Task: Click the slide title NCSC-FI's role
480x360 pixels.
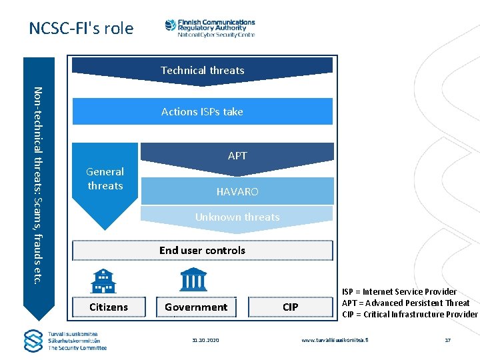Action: [81, 29]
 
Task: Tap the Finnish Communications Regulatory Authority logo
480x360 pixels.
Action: [209, 28]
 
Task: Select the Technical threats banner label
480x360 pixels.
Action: [202, 70]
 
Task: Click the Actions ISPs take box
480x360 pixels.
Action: [202, 111]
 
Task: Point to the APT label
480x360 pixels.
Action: [237, 155]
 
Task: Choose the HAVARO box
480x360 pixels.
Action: [237, 191]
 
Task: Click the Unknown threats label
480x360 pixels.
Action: [237, 217]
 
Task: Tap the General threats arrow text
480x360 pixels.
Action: [105, 179]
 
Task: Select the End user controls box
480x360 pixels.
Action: [202, 250]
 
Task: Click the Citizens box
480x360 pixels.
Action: [108, 307]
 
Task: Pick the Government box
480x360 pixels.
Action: [196, 307]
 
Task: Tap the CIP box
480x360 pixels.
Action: [290, 307]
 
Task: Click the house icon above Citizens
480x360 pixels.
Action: [103, 281]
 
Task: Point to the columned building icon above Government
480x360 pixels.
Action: [193, 279]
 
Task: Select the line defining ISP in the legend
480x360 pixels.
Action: [399, 291]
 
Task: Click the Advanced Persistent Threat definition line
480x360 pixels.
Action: [405, 303]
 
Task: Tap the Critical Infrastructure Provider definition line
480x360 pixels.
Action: [409, 314]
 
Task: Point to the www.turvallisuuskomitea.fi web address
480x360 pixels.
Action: [334, 340]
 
